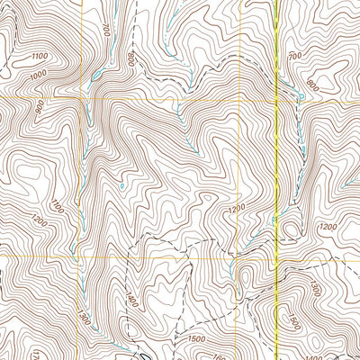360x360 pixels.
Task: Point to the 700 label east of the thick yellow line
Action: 294,56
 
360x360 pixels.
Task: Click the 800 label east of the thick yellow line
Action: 312,87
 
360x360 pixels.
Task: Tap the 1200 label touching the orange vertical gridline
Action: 237,209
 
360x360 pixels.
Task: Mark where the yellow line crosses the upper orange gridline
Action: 274,97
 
